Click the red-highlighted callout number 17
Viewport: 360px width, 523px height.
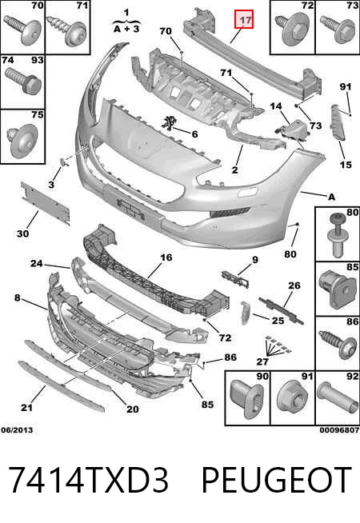[246, 20]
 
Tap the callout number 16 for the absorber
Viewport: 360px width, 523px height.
[166, 258]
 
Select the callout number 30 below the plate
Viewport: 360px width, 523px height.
[22, 234]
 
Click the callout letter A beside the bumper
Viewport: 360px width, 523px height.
[331, 198]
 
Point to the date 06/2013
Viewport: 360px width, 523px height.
[17, 430]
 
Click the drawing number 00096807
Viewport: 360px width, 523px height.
[339, 430]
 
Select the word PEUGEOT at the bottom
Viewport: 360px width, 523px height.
[277, 480]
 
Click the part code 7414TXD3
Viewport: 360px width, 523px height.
[89, 480]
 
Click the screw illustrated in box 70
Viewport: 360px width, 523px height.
[22, 30]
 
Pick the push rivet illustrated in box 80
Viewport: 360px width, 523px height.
[337, 234]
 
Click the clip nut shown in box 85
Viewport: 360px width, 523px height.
[336, 289]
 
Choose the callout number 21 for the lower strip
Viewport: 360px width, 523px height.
[26, 407]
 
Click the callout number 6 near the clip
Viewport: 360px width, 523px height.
[194, 134]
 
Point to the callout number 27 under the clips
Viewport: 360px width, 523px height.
[262, 361]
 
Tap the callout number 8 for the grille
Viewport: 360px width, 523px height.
[18, 297]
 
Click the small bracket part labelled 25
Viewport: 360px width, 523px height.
[245, 313]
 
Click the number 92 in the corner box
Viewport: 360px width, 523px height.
[352, 377]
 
